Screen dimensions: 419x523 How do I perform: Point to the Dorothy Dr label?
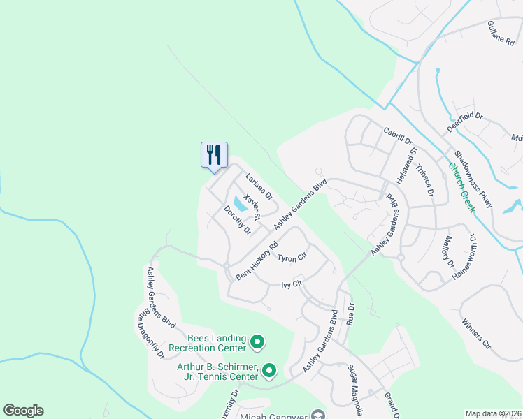237,220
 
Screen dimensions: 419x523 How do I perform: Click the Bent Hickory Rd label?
257,261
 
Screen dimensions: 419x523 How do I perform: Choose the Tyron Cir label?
292,258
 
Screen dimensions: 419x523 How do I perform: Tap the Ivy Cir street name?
291,284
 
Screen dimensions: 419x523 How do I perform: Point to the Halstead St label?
406,166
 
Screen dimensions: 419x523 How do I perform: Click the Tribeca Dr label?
424,181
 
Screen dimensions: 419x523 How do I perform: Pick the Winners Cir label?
477,334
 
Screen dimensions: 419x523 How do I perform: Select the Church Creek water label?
462,187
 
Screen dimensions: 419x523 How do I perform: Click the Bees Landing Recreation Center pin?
257,342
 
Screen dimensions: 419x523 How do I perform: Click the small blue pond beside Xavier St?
240,204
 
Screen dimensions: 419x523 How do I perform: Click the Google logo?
23,411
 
